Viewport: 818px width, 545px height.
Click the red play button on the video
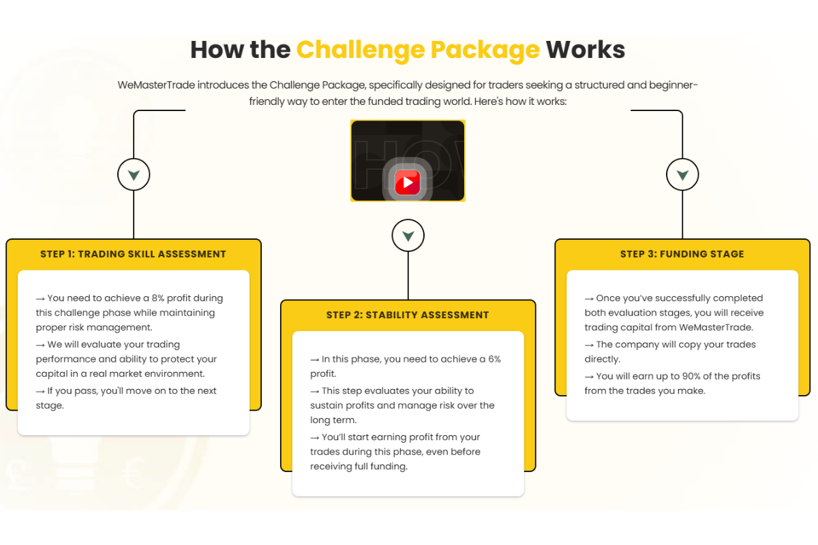click(408, 183)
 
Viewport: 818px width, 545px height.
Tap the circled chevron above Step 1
click(134, 175)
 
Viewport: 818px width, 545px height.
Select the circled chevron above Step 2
click(408, 236)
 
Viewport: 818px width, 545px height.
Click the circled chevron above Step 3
click(682, 175)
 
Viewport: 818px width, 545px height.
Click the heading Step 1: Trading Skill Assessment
click(133, 254)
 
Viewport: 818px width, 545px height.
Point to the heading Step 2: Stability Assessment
click(408, 315)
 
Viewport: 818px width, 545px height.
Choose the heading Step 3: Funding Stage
click(682, 254)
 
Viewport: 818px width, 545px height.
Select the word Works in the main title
click(586, 50)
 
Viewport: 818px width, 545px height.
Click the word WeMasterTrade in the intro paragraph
click(156, 85)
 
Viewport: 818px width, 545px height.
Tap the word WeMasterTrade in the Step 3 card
click(716, 328)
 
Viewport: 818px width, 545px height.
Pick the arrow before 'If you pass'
click(40, 391)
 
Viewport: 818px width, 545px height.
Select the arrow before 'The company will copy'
click(589, 345)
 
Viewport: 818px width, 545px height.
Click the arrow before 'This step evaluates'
click(314, 391)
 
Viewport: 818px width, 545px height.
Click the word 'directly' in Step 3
click(602, 359)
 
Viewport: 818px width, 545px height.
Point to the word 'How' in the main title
click(215, 50)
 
